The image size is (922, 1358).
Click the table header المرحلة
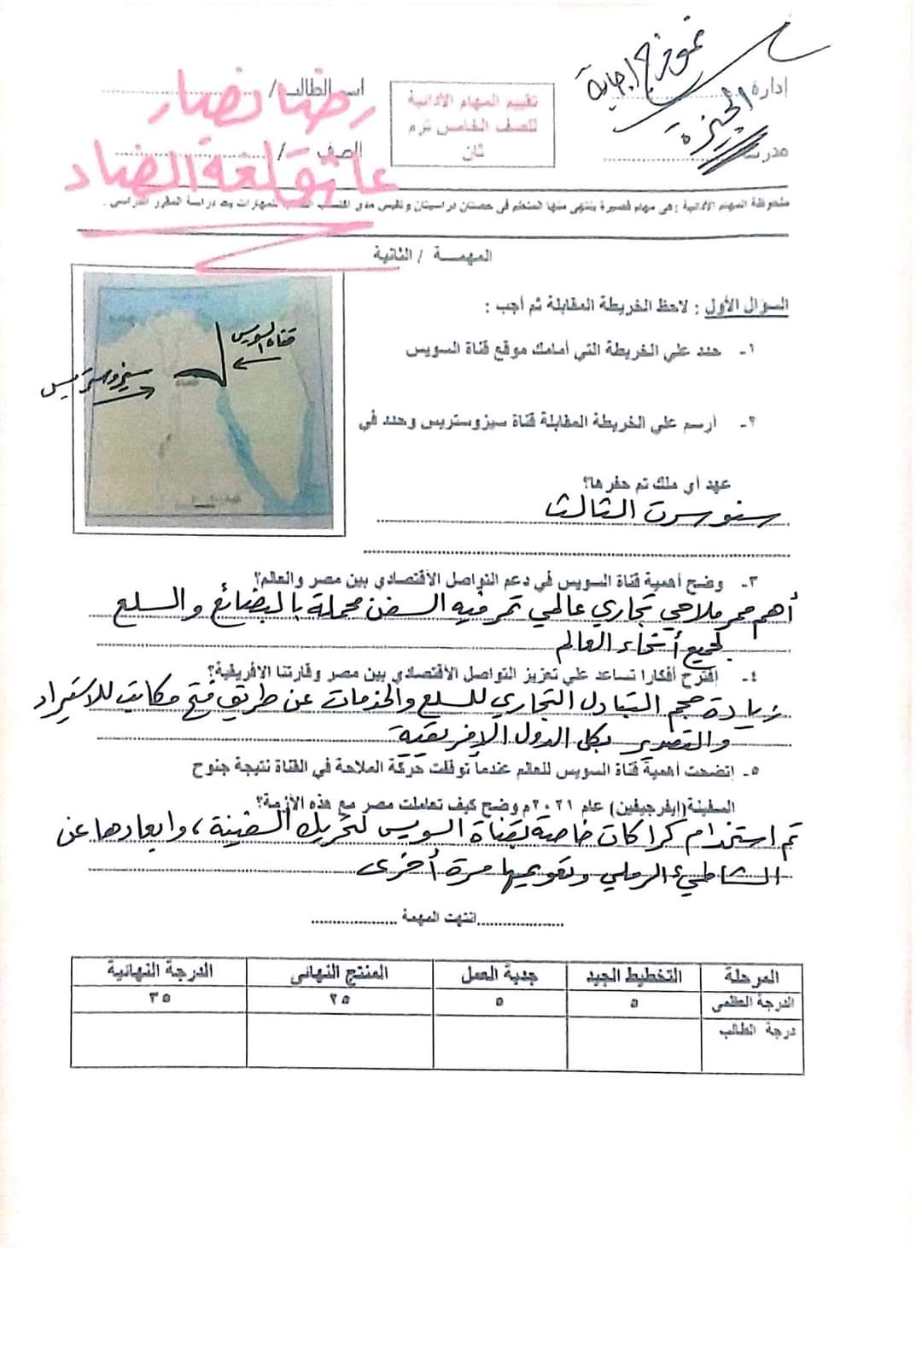tap(752, 976)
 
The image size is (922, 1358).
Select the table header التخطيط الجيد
tap(633, 976)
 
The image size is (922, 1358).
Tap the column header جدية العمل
tap(500, 974)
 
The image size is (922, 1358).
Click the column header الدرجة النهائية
tap(160, 971)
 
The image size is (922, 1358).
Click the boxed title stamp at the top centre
tap(476, 122)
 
